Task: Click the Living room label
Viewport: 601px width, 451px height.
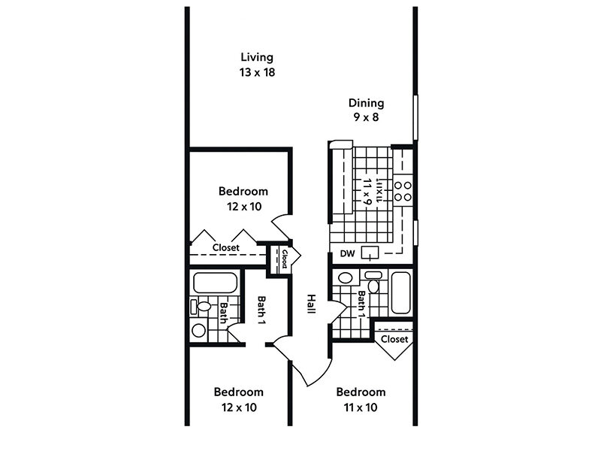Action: pyautogui.click(x=256, y=57)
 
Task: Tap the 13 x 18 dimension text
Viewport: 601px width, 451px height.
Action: pyautogui.click(x=256, y=73)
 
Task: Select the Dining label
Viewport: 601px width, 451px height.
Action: pyautogui.click(x=366, y=103)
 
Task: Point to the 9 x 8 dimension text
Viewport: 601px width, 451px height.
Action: pyautogui.click(x=366, y=118)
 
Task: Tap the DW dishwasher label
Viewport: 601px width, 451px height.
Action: pyautogui.click(x=346, y=254)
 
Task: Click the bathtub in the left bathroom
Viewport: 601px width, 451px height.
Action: pyautogui.click(x=213, y=283)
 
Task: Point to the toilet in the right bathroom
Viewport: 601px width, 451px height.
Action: pyautogui.click(x=373, y=286)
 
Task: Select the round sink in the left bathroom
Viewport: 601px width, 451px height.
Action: pyautogui.click(x=198, y=329)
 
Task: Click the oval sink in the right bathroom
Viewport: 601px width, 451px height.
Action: pyautogui.click(x=345, y=278)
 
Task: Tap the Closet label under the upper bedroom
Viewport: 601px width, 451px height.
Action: pyautogui.click(x=225, y=247)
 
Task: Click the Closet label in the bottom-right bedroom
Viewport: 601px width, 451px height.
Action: pyautogui.click(x=394, y=339)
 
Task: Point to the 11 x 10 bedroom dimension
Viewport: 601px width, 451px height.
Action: pyautogui.click(x=361, y=408)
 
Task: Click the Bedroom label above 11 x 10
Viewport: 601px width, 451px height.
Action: pyautogui.click(x=361, y=392)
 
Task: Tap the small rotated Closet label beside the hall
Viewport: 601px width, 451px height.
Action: pyautogui.click(x=285, y=259)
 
